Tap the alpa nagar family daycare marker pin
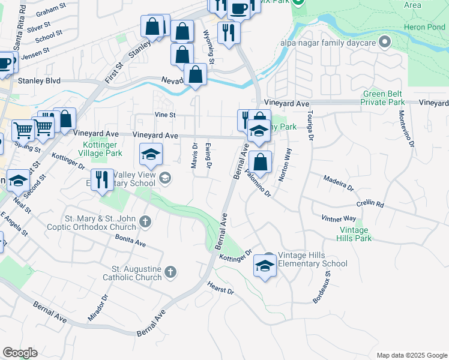[x=385, y=43]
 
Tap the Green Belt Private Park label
[x=383, y=98]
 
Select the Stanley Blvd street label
[x=39, y=80]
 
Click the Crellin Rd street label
[x=370, y=204]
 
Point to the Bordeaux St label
[x=321, y=287]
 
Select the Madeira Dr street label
[x=338, y=183]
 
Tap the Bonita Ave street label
[x=131, y=240]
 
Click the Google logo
[x=20, y=353]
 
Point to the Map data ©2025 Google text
[x=411, y=355]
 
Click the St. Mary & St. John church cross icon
[x=145, y=223]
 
